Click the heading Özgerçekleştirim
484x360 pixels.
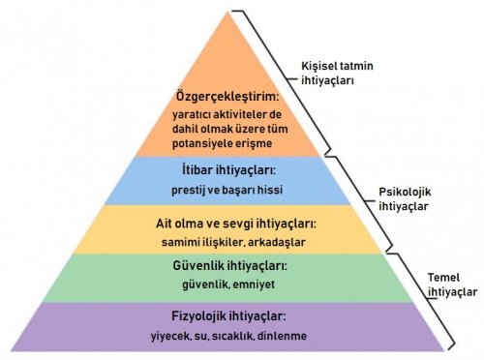click(x=228, y=97)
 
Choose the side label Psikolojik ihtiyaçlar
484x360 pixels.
click(x=404, y=198)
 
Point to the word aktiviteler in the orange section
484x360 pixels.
click(x=246, y=115)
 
